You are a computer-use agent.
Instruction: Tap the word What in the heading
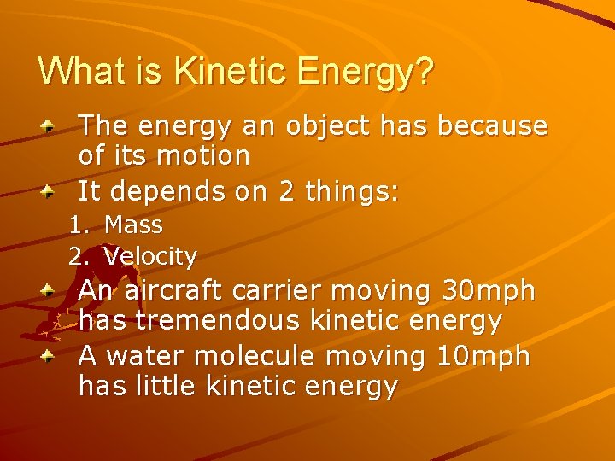pyautogui.click(x=83, y=72)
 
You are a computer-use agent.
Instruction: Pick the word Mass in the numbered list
pyautogui.click(x=133, y=225)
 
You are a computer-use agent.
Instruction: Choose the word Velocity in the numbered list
pyautogui.click(x=150, y=255)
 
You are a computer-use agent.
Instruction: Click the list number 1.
pyautogui.click(x=79, y=225)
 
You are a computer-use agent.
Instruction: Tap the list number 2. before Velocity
pyautogui.click(x=79, y=255)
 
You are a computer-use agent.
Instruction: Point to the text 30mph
pyautogui.click(x=489, y=291)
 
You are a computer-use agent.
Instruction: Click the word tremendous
pyautogui.click(x=218, y=321)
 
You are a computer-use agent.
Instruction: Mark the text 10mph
pyautogui.click(x=482, y=357)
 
